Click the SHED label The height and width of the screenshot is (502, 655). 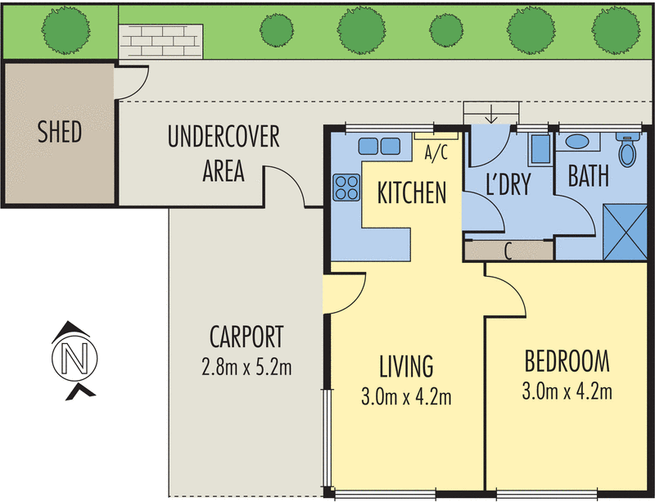tap(60, 133)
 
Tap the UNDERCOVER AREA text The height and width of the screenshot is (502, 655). tap(223, 154)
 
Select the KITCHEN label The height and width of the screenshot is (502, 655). tap(411, 193)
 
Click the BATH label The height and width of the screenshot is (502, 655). tap(588, 177)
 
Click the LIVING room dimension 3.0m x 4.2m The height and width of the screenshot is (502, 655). tap(406, 398)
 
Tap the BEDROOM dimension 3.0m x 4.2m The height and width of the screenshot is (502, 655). tap(567, 391)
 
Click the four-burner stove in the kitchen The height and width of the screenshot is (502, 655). tap(346, 188)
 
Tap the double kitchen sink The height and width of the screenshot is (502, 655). tap(378, 146)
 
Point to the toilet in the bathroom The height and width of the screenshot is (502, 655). tap(628, 151)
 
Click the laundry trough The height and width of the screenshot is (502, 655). tap(540, 151)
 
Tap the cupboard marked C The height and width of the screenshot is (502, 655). tap(508, 251)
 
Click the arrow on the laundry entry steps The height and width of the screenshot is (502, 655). tap(492, 114)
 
